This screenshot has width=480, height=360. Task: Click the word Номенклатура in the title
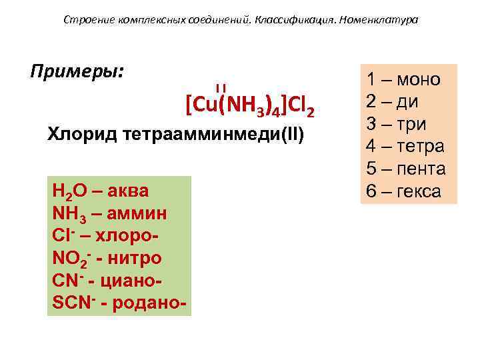tap(379, 19)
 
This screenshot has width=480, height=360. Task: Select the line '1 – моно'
tap(403, 80)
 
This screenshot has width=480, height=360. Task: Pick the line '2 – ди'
tap(393, 102)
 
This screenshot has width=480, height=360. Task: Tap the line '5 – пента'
tap(405, 169)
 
